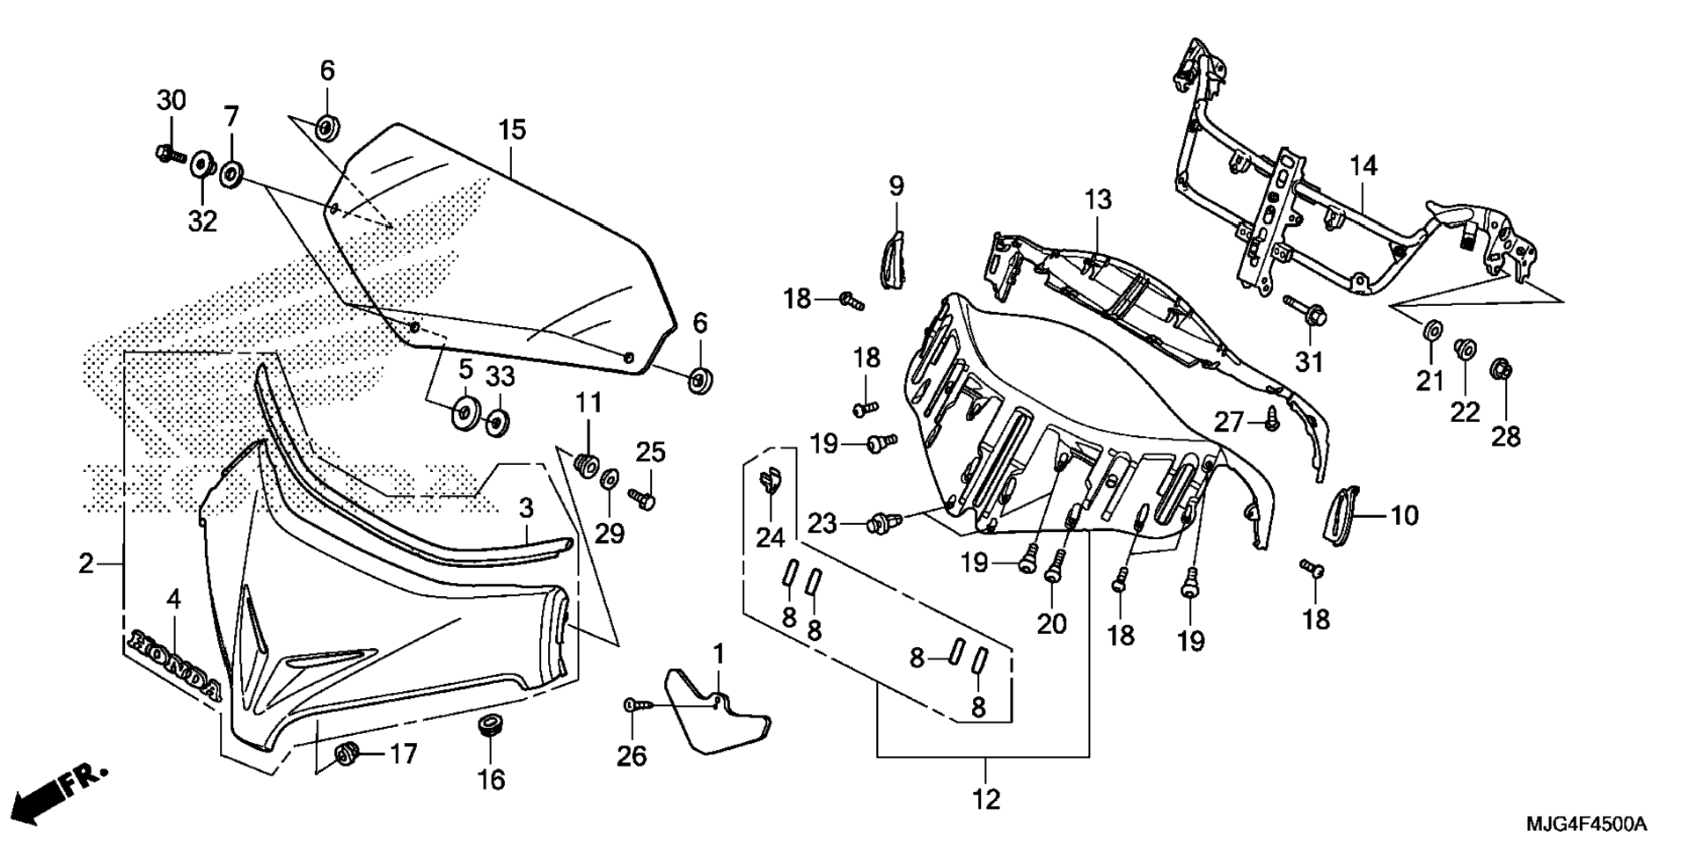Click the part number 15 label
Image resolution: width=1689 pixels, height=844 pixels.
point(512,130)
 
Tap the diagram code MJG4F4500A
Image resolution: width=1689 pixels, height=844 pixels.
point(1586,825)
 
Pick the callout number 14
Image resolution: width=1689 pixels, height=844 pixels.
point(1364,165)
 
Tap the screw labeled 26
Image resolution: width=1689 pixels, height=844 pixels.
point(640,705)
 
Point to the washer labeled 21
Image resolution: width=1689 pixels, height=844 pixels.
point(1431,330)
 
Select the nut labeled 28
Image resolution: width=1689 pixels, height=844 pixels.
point(1502,371)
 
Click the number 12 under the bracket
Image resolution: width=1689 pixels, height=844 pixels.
point(986,800)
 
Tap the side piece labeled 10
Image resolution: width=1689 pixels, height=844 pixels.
point(1342,516)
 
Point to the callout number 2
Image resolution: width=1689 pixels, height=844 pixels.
point(85,564)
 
